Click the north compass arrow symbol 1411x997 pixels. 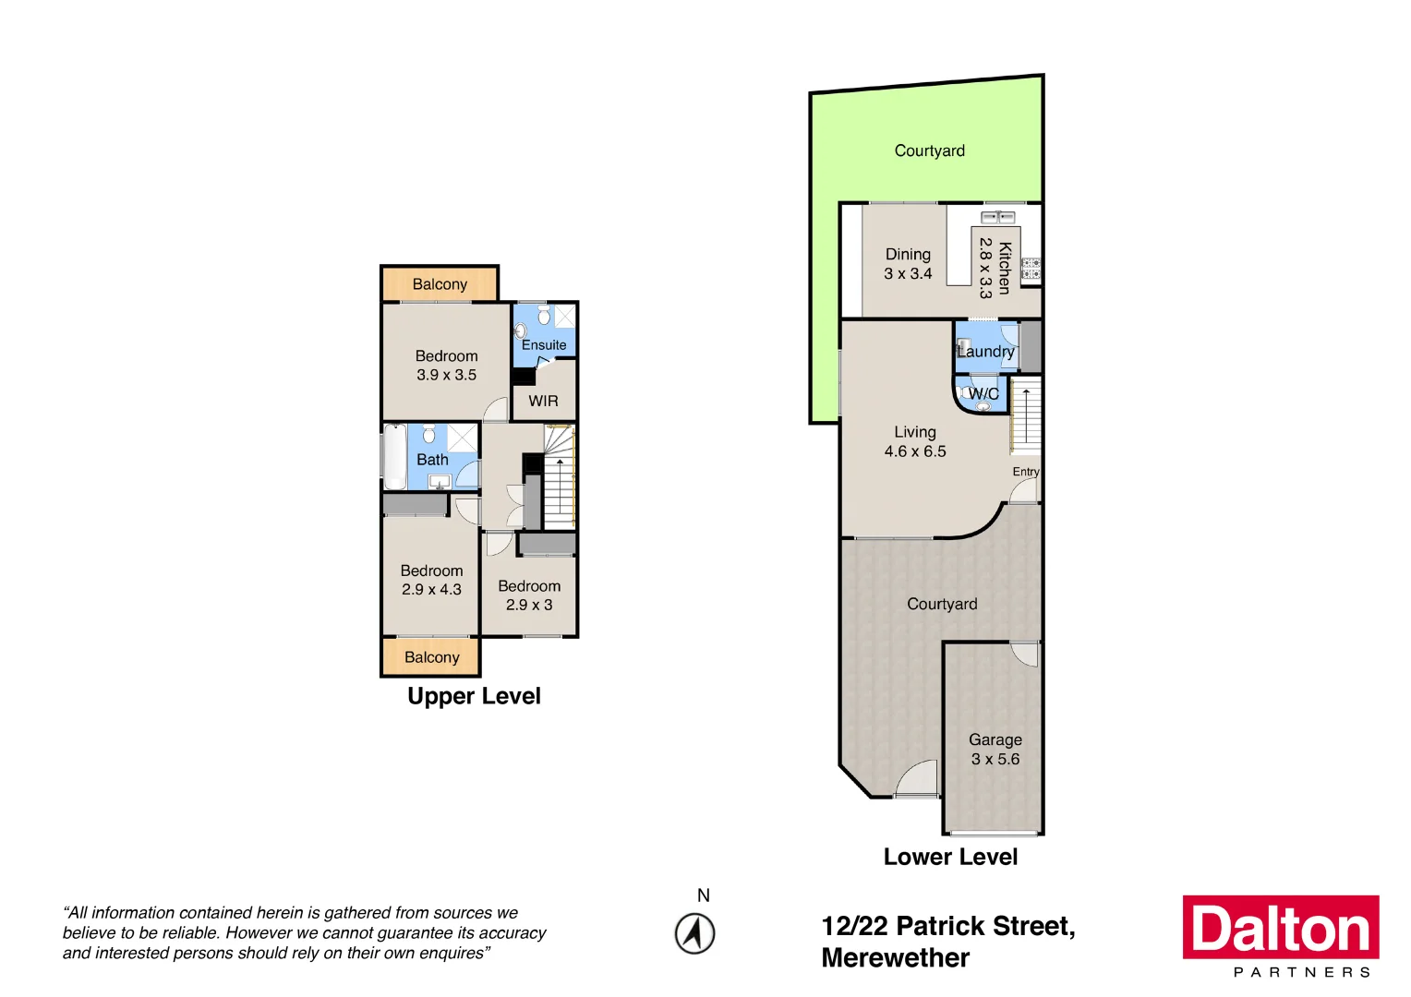694,933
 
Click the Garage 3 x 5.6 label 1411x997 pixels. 995,750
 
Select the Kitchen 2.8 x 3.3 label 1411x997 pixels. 995,268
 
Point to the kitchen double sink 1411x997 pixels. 997,217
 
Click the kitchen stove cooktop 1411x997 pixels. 1031,269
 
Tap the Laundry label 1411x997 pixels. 985,352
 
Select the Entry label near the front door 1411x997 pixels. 1025,472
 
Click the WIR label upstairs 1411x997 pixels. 543,401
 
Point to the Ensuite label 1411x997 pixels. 544,345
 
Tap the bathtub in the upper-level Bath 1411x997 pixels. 394,457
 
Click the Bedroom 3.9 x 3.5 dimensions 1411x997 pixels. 446,376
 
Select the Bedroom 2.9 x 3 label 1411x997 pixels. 529,595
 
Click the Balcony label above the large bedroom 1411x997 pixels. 440,284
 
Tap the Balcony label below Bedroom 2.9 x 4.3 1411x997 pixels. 431,657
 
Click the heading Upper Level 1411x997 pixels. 474,696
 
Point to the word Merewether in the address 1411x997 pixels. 895,958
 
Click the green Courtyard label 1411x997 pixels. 929,150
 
